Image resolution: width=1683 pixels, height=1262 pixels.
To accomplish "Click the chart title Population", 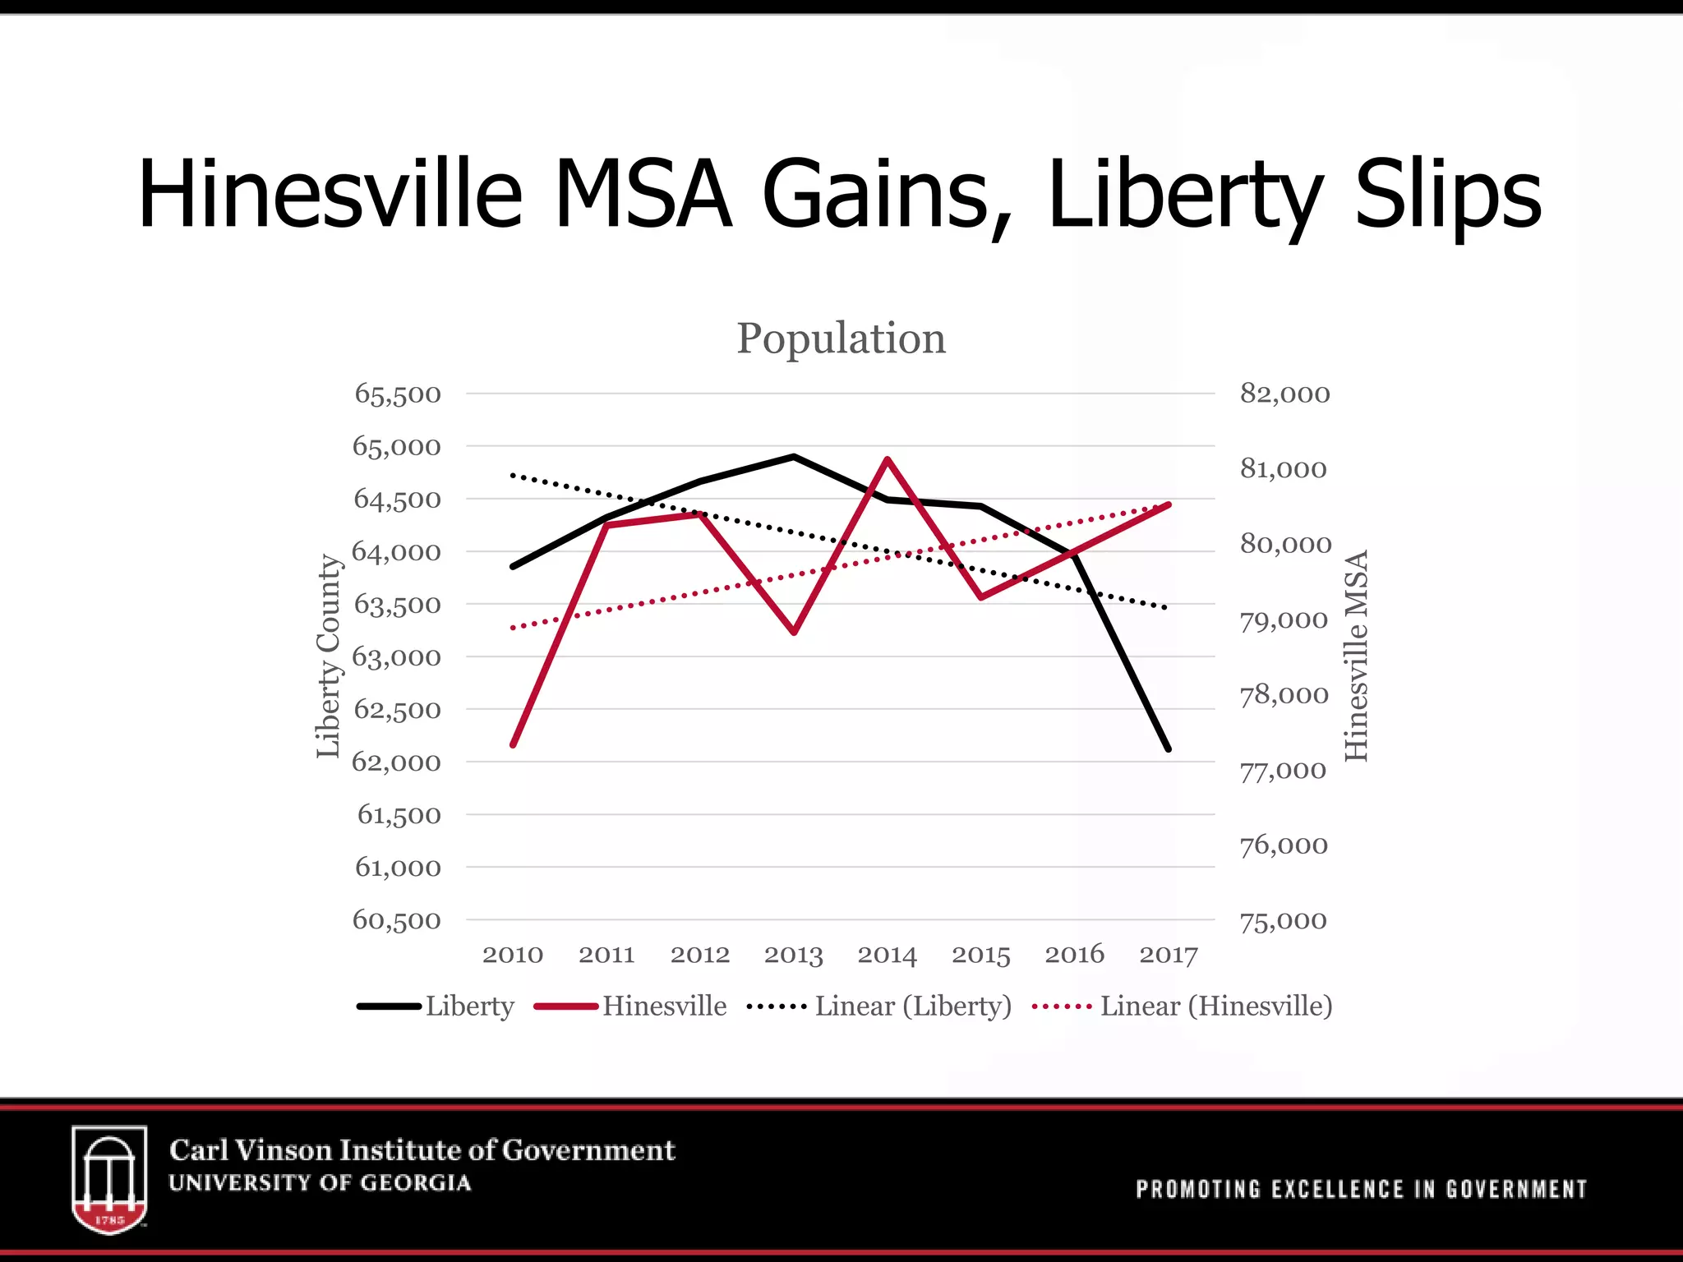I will (x=841, y=338).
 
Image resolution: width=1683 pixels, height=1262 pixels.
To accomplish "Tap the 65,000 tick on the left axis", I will (x=397, y=447).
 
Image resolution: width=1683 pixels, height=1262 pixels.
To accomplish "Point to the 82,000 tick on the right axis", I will (x=1284, y=394).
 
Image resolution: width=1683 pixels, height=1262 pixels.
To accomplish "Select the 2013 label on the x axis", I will (x=793, y=955).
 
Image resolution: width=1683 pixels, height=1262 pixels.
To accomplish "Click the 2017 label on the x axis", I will (x=1168, y=955).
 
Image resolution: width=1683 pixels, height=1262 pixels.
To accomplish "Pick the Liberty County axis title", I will (x=329, y=656).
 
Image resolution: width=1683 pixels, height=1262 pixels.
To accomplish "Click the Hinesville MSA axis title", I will (x=1356, y=656).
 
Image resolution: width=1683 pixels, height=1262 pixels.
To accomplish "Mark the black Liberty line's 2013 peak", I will (x=794, y=456).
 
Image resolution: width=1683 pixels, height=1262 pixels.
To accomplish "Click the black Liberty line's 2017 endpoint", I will (x=1168, y=748).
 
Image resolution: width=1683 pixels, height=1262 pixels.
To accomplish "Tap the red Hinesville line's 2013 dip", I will (x=794, y=632).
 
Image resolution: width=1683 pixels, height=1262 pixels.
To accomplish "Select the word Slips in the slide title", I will (x=1448, y=196).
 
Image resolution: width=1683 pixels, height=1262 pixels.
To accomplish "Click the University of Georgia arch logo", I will (x=109, y=1178).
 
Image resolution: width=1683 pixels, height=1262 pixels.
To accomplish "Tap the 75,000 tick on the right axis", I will (x=1283, y=921).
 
